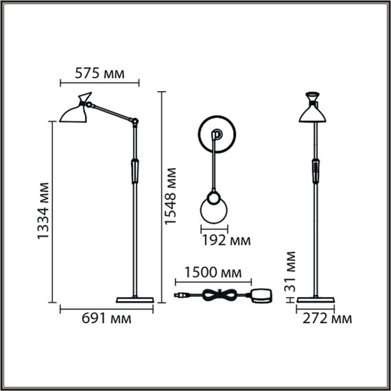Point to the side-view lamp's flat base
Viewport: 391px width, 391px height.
134,300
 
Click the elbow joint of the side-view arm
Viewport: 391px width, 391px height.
135,123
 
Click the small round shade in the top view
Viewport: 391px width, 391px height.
213,208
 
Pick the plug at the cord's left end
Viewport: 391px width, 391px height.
181,296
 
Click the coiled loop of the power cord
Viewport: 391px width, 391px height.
221,295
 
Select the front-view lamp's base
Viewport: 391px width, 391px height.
315,300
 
